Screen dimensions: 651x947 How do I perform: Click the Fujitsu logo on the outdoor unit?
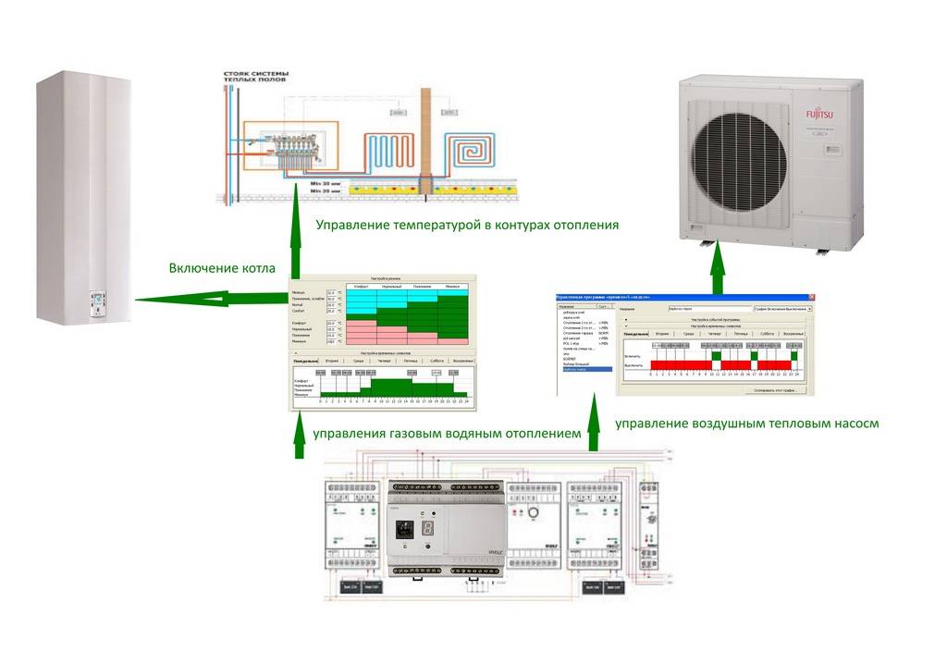coord(819,114)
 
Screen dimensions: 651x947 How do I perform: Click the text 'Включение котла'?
coord(221,269)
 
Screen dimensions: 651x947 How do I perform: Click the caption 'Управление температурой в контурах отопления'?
coord(466,225)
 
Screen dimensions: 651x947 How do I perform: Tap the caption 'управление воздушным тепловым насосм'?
coord(744,424)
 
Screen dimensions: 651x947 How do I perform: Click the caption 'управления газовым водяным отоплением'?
coord(448,433)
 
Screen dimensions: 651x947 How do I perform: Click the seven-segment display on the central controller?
coord(430,529)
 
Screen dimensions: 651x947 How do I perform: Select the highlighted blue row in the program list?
coord(585,370)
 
